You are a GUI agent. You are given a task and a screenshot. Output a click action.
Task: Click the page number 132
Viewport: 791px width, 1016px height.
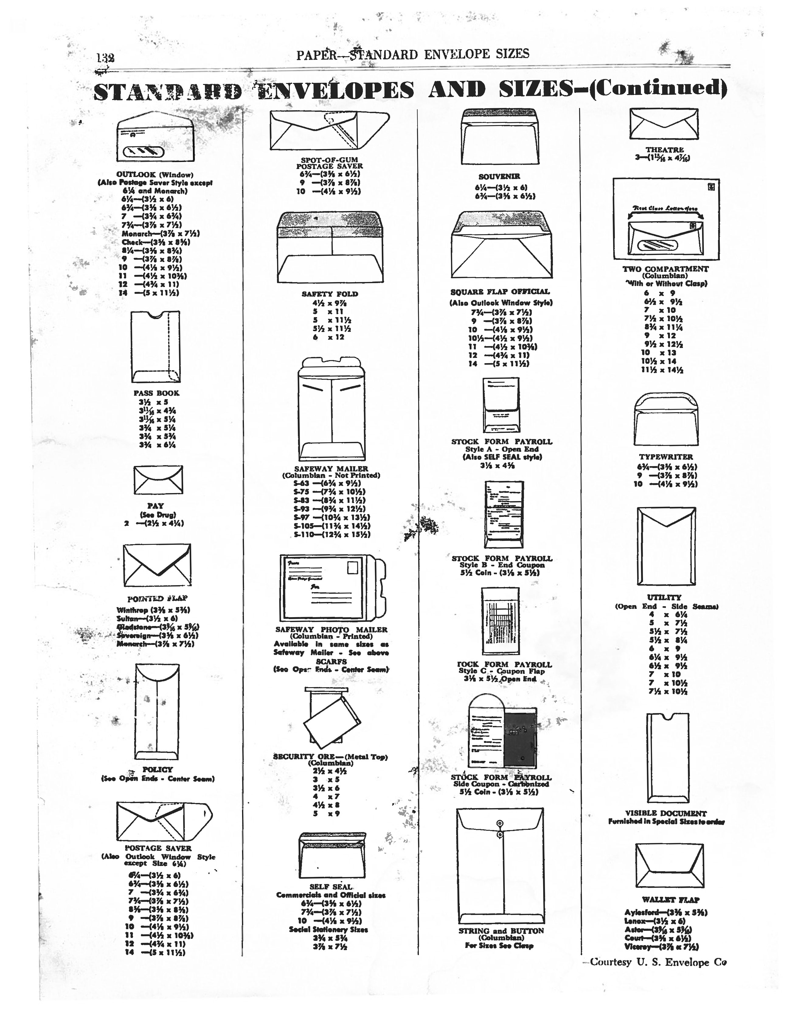tap(106, 58)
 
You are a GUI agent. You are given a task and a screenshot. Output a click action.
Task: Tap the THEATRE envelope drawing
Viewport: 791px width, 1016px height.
tap(664, 124)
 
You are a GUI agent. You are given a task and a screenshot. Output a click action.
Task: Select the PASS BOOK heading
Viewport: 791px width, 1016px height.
tap(156, 393)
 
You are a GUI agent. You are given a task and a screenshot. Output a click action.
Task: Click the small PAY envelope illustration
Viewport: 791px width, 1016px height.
tap(158, 480)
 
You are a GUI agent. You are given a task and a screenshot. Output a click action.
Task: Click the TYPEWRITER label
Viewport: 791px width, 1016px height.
tap(666, 457)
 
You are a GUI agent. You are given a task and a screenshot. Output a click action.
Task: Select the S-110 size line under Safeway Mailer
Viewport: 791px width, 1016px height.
tap(331, 534)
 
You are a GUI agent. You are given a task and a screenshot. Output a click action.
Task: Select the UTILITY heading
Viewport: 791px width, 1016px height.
tap(664, 597)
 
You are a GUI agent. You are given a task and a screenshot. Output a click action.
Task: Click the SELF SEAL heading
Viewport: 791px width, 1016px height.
tap(331, 887)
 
